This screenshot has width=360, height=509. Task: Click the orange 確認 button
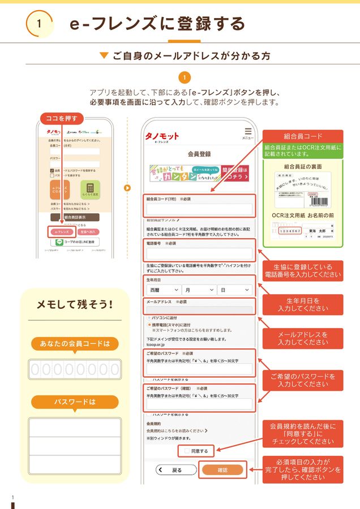tap(222, 469)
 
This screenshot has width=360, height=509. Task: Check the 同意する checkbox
tap(187, 451)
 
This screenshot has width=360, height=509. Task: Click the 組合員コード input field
tap(199, 209)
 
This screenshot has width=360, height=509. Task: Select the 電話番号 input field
tap(199, 253)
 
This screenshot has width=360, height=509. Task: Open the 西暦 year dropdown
tap(162, 290)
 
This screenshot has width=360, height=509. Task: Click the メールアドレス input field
tap(199, 310)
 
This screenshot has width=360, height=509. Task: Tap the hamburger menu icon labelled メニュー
tap(247, 133)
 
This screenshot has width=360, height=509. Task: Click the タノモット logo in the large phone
tap(162, 136)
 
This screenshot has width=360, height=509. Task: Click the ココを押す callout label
tap(61, 118)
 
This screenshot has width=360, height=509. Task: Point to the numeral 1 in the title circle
tap(38, 24)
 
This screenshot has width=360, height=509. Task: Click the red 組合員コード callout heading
tap(303, 136)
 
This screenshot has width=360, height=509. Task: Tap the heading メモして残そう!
tap(75, 304)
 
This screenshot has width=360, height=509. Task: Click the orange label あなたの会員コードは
tap(75, 343)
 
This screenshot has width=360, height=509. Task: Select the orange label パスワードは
tap(75, 402)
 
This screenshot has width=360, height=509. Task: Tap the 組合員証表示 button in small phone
tap(74, 217)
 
